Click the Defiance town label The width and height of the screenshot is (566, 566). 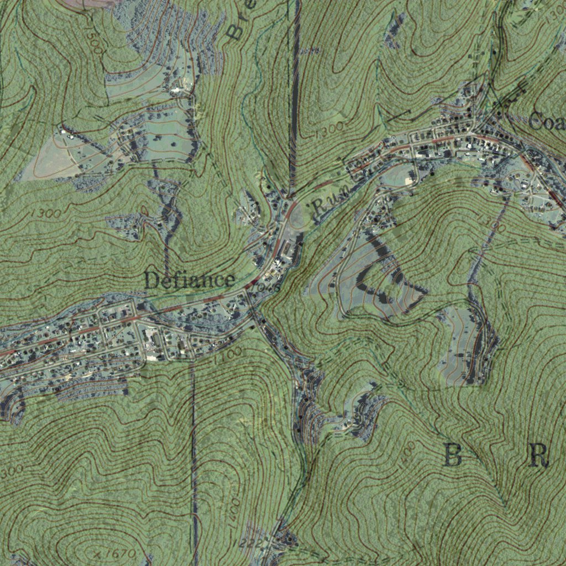(x=189, y=280)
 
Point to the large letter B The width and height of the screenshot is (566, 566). (x=453, y=456)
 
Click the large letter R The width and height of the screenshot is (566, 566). (x=539, y=456)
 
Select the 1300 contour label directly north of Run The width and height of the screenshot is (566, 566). (x=330, y=131)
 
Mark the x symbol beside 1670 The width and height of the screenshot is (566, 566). (x=97, y=553)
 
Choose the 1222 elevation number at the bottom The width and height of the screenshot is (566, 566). (x=251, y=544)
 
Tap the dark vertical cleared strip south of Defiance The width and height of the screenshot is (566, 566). (x=193, y=453)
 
